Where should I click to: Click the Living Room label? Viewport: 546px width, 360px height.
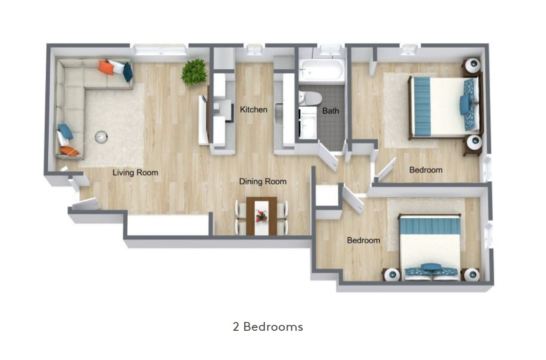pyautogui.click(x=135, y=172)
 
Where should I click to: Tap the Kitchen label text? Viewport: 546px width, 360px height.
pyautogui.click(x=253, y=110)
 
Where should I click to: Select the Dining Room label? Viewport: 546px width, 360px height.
pyautogui.click(x=262, y=182)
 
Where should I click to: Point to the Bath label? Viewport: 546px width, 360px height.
pyautogui.click(x=331, y=111)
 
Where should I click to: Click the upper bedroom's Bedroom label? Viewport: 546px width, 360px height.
pyautogui.click(x=426, y=170)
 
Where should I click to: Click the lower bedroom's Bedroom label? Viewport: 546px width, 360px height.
pyautogui.click(x=363, y=241)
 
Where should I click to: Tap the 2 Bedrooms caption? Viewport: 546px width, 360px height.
pyautogui.click(x=268, y=326)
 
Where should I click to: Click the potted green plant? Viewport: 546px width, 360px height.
pyautogui.click(x=194, y=72)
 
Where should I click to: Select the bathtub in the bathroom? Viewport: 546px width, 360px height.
pyautogui.click(x=321, y=72)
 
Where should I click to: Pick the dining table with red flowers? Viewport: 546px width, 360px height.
pyautogui.click(x=261, y=216)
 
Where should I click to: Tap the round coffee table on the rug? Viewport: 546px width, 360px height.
pyautogui.click(x=101, y=138)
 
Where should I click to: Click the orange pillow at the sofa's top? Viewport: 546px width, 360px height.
pyautogui.click(x=106, y=67)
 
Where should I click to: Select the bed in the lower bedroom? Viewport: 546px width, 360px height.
pyautogui.click(x=429, y=246)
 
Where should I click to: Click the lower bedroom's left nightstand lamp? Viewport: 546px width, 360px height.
pyautogui.click(x=391, y=275)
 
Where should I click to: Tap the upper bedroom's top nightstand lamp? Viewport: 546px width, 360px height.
pyautogui.click(x=472, y=65)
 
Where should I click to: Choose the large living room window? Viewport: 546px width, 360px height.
pyautogui.click(x=160, y=49)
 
